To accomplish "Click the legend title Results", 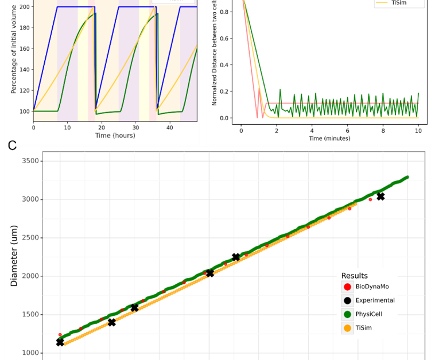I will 354,276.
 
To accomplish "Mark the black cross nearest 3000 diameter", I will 380,197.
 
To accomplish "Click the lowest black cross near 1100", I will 60,342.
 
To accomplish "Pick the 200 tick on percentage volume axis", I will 22,6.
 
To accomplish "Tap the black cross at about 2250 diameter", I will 236,257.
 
